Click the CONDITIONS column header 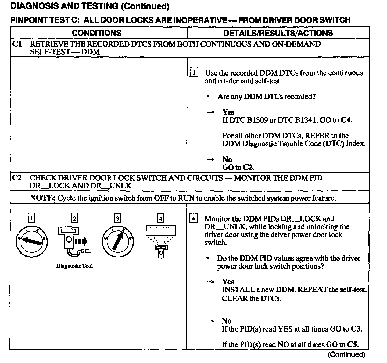click(x=96, y=33)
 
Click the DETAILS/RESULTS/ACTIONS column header click(x=278, y=33)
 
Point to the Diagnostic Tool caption click(x=74, y=266)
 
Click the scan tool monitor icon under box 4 click(x=161, y=241)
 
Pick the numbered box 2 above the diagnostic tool click(x=74, y=218)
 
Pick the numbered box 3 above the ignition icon click(x=117, y=218)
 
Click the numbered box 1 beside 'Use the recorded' click(x=193, y=73)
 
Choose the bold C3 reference click(x=356, y=329)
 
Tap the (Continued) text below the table click(x=346, y=355)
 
